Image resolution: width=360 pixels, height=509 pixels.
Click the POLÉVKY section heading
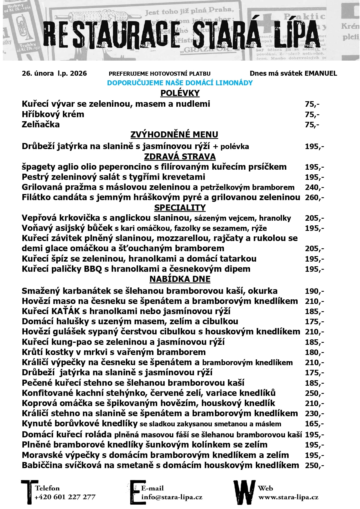coord(180,93)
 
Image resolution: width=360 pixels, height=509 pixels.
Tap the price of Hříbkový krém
coord(312,115)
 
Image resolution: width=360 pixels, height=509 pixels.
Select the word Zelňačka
coord(41,125)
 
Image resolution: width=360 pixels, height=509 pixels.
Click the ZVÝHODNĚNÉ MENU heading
coord(174,135)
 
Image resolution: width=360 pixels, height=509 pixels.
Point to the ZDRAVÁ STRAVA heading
coord(180,157)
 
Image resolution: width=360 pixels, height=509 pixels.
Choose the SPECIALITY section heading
coord(180,208)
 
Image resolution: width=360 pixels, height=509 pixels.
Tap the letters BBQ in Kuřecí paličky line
coord(93,269)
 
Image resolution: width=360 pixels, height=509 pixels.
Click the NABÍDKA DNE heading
coord(180,279)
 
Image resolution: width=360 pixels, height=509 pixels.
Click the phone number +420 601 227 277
coord(65,497)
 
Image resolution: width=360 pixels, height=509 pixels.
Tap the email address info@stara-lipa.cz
coord(172,497)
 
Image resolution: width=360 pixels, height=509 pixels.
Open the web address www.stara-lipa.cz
coord(288,497)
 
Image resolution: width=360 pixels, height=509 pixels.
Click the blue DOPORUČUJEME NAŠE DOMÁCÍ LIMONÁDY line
coord(180,83)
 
